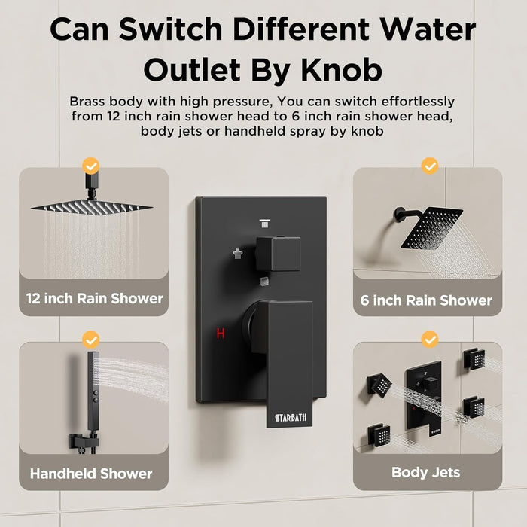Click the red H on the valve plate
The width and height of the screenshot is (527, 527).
click(x=221, y=333)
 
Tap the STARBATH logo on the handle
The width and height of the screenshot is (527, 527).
click(x=291, y=417)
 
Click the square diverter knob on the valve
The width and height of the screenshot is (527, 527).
click(x=278, y=254)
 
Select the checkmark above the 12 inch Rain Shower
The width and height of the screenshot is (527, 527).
click(x=91, y=166)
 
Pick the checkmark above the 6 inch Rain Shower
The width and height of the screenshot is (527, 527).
click(x=430, y=166)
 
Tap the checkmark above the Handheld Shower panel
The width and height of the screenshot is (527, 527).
click(x=91, y=340)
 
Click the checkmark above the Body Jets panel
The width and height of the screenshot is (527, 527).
click(x=430, y=340)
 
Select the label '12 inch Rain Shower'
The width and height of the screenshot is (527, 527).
click(x=94, y=298)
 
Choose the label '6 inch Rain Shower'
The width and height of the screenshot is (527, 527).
click(x=426, y=300)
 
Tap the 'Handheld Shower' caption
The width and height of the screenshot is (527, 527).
click(x=91, y=474)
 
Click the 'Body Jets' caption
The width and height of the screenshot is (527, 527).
click(x=426, y=472)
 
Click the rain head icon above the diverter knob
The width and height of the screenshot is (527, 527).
click(x=265, y=223)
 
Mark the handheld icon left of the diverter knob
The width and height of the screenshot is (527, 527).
click(x=238, y=254)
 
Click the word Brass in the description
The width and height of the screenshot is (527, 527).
click(x=87, y=101)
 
